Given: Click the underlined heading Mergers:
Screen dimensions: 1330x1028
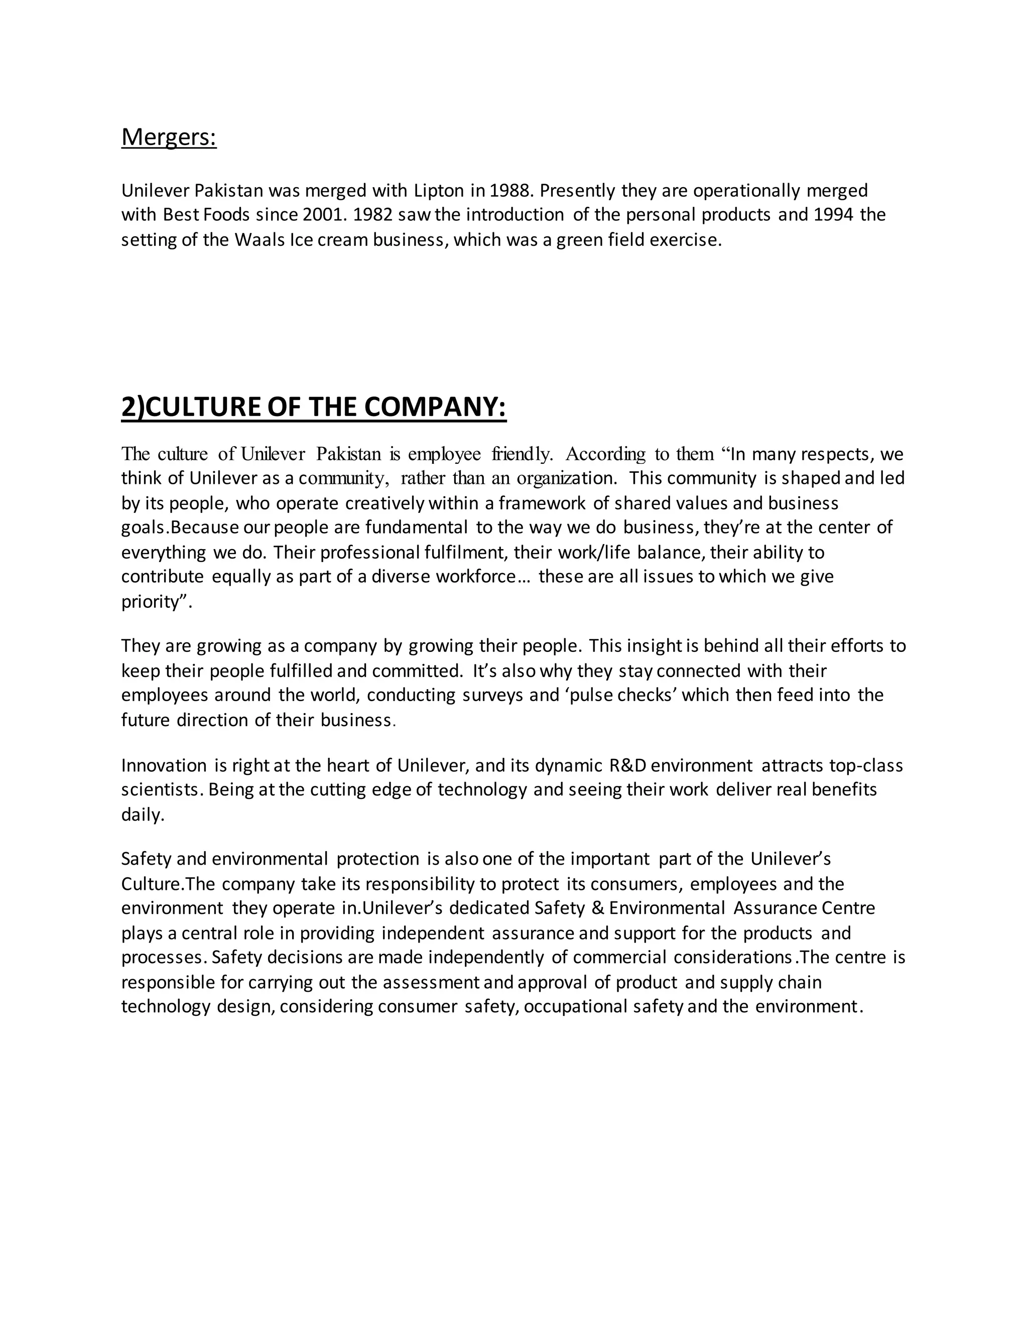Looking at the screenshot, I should click(169, 137).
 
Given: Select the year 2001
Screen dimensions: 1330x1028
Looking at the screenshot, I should click(323, 215).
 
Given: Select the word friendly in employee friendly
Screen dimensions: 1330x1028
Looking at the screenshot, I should click(522, 454).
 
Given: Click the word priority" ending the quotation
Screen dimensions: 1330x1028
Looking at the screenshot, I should click(157, 602).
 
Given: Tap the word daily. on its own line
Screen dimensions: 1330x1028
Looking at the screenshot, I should click(143, 815).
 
